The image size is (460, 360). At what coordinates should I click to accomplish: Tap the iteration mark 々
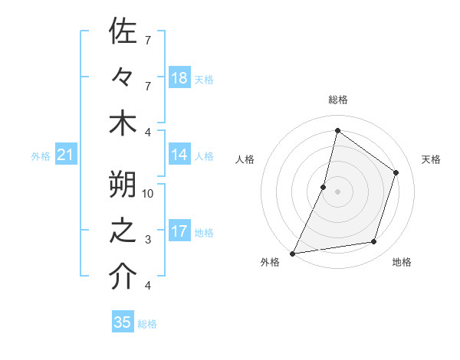click(x=123, y=78)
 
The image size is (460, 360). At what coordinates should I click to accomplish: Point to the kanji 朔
click(x=123, y=185)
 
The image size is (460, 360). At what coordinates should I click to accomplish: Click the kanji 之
click(x=123, y=231)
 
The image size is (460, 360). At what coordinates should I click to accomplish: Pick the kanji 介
click(x=123, y=277)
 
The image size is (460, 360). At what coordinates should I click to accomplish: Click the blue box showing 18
click(x=179, y=78)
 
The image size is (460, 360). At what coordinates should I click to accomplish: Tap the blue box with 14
click(x=179, y=155)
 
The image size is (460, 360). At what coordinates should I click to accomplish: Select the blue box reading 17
click(x=179, y=231)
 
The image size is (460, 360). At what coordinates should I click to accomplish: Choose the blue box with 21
click(x=66, y=155)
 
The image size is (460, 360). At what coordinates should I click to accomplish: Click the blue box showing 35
click(x=123, y=322)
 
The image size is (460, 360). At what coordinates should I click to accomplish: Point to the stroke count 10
click(x=148, y=193)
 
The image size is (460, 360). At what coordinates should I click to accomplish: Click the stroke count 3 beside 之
click(x=148, y=240)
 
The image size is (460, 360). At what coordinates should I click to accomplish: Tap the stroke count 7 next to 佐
click(x=148, y=39)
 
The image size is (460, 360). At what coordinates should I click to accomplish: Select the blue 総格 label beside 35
click(x=147, y=324)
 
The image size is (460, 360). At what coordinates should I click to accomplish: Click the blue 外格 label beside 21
click(x=41, y=156)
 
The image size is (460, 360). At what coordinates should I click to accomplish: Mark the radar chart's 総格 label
click(x=337, y=100)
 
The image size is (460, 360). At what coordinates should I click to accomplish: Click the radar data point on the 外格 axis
click(x=293, y=253)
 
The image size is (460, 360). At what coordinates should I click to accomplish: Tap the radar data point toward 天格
click(x=396, y=172)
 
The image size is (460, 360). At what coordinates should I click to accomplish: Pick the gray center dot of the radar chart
click(x=337, y=191)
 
